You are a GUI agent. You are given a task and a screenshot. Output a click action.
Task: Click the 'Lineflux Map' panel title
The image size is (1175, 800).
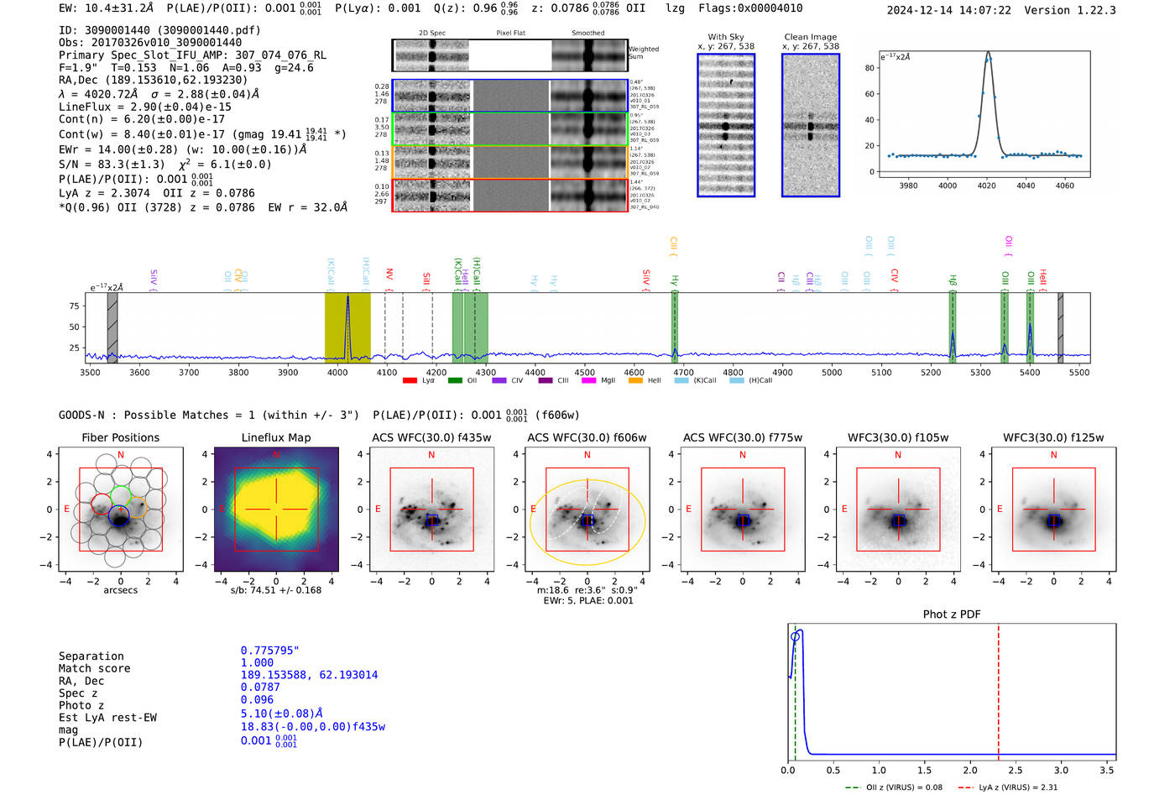[276, 437]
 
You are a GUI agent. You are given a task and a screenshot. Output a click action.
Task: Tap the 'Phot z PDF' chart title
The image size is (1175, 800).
[952, 614]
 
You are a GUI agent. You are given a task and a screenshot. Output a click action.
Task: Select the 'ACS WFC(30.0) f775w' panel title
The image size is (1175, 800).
[742, 437]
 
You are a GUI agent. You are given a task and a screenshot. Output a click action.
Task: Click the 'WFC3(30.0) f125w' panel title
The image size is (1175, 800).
[1053, 437]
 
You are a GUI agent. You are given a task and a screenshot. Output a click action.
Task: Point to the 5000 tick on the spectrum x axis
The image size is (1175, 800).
[832, 372]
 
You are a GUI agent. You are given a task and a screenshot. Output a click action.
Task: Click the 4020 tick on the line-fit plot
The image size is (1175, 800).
[987, 186]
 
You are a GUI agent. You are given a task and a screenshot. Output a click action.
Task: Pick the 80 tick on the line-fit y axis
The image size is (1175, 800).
[870, 68]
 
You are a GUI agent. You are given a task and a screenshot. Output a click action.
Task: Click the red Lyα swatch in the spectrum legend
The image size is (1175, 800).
[410, 380]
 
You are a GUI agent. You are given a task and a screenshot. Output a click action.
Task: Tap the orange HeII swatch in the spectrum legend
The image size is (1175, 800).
[635, 380]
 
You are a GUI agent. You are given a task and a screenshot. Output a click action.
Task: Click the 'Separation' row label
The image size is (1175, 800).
[91, 656]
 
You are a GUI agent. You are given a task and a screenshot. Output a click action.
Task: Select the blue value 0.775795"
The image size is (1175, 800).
[270, 651]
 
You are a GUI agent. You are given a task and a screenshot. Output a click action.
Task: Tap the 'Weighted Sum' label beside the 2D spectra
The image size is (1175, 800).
[643, 53]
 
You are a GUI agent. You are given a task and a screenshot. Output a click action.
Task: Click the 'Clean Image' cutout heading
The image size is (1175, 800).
[810, 37]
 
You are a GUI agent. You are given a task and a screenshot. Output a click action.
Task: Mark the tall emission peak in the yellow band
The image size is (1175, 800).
[347, 299]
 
